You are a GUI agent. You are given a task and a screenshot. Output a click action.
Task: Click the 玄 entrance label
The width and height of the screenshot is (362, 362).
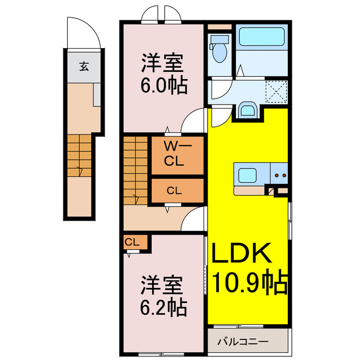coord(83,66)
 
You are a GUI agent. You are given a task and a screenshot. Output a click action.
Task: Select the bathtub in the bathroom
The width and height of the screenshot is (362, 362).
coord(261,36)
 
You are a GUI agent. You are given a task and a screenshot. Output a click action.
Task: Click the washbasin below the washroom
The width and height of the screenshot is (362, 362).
coord(247,109)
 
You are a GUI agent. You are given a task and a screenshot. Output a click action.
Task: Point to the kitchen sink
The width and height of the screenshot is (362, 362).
coord(248,174)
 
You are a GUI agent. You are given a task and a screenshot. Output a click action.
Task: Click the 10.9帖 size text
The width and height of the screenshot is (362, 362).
coord(249,281)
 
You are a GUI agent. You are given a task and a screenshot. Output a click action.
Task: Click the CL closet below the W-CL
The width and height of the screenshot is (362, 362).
coord(174,191)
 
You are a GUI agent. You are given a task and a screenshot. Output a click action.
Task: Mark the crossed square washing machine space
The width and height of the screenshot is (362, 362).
coord(277,90)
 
